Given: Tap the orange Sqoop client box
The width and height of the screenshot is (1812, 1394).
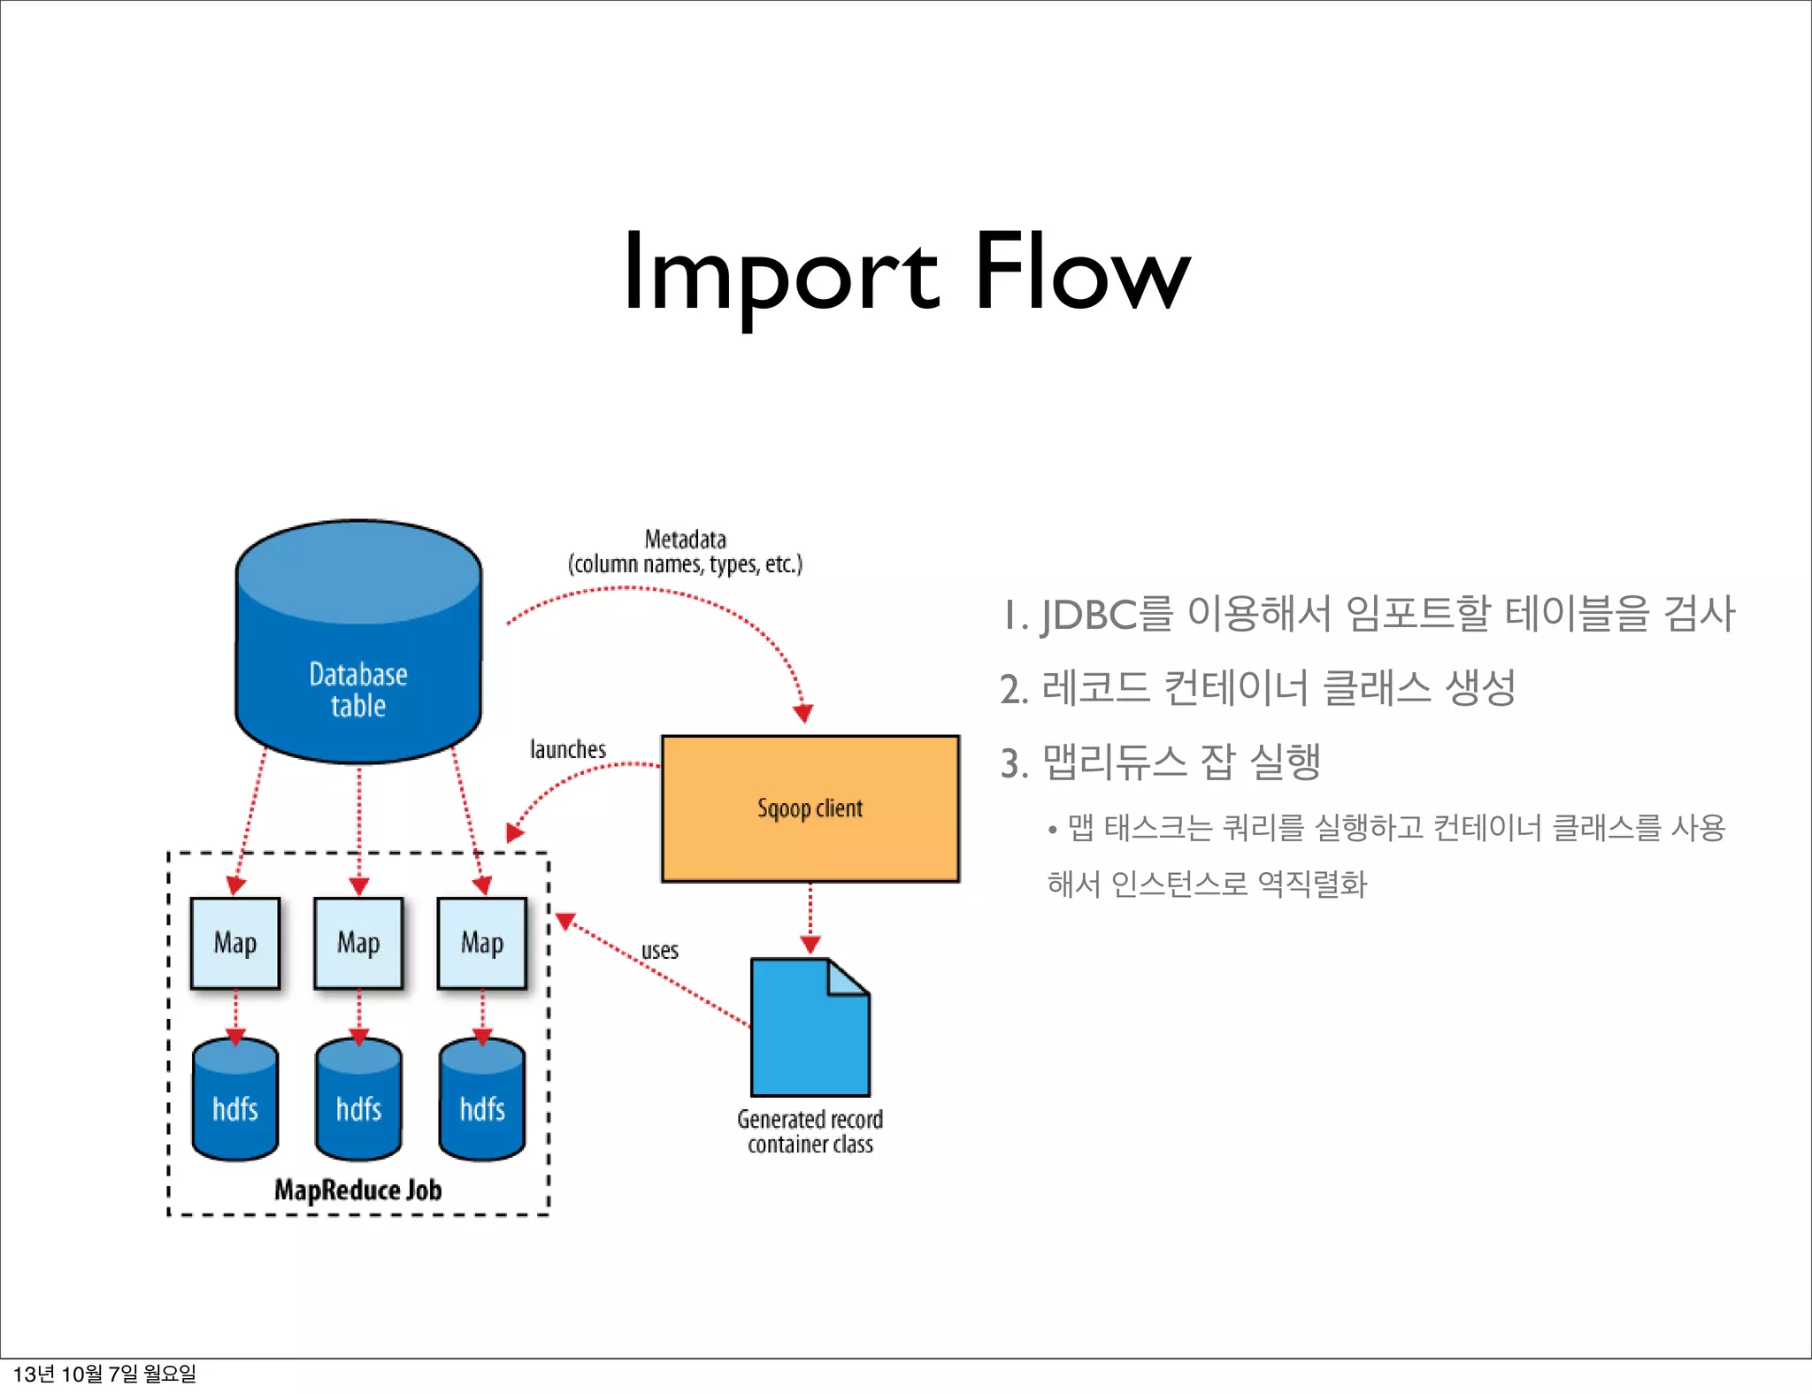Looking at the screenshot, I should coord(810,808).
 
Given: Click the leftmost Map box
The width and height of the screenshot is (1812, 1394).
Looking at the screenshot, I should coord(235,943).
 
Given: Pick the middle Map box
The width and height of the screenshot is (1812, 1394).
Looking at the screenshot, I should coord(358,943).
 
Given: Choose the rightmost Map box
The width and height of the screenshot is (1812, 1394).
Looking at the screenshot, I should coord(482,943).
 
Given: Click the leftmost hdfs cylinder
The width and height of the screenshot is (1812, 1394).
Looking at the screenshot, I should coord(235,1101).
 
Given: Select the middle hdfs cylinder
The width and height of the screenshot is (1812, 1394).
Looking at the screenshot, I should coord(358,1101).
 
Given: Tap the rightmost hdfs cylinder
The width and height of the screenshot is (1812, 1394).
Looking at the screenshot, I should coord(482,1101).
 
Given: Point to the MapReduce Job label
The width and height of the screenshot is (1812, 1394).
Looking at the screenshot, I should coord(357,1191).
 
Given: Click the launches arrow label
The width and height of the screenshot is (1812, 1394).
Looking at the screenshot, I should coord(568,750).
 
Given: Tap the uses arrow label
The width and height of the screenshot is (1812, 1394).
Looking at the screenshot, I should coord(660,951).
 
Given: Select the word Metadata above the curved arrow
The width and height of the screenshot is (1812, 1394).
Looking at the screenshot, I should coord(685,540).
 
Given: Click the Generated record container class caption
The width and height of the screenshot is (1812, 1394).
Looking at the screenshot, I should coord(810,1132).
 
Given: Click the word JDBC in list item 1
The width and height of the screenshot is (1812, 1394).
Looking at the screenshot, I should coord(1088,615).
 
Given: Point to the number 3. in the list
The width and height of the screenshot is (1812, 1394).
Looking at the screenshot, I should coord(1014,763).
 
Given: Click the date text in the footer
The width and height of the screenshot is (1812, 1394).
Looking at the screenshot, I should coord(104,1374).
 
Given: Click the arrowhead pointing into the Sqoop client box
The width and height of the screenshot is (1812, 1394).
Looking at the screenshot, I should coord(803,713).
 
